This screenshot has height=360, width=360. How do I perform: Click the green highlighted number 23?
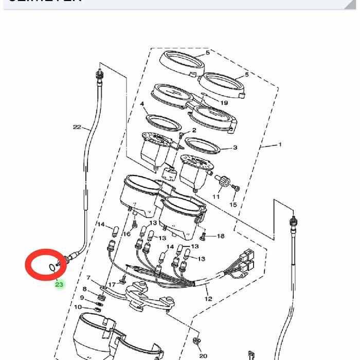[59, 284]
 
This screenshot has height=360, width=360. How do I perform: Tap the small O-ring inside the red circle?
[52, 266]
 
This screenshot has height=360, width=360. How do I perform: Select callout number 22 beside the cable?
[77, 128]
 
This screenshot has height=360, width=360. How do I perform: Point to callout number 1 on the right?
[280, 145]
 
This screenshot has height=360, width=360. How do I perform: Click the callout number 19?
[224, 102]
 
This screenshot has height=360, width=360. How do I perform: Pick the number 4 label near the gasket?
[142, 104]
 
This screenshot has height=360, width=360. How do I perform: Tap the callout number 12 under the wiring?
[208, 299]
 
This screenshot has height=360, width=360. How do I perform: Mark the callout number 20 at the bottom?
[203, 355]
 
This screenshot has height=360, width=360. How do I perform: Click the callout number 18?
[221, 236]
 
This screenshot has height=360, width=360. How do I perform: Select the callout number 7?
[88, 278]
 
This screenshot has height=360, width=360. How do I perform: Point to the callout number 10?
[78, 307]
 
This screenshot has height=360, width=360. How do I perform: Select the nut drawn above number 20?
[196, 340]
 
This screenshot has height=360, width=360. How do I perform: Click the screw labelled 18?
[203, 236]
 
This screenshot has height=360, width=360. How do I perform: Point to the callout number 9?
[82, 297]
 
